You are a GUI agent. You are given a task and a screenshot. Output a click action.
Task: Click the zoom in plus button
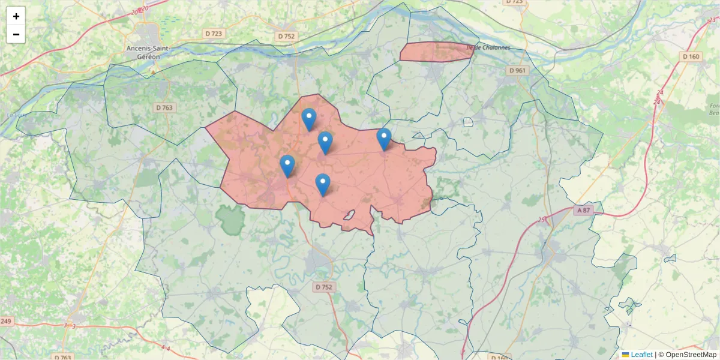pos(16,16)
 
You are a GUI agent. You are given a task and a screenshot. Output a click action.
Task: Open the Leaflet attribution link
pos(641,355)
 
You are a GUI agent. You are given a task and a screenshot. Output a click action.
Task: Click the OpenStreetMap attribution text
pos(691,355)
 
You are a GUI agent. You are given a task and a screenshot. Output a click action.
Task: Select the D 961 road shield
pos(517,70)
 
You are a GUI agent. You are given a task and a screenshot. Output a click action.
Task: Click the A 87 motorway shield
pos(583,211)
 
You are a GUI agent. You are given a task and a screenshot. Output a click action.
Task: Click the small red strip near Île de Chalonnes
pos(436,52)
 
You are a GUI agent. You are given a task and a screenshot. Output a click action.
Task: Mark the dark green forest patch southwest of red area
pos(229,220)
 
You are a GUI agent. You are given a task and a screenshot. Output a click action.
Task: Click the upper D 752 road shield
pos(287,36)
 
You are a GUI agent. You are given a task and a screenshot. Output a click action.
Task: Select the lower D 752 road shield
pos(323,287)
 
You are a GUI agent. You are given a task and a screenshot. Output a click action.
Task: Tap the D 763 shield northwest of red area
pos(164,108)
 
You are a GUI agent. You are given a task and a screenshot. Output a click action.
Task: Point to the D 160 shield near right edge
pos(691,56)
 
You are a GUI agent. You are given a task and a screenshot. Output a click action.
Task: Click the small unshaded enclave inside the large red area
pos(349,215)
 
